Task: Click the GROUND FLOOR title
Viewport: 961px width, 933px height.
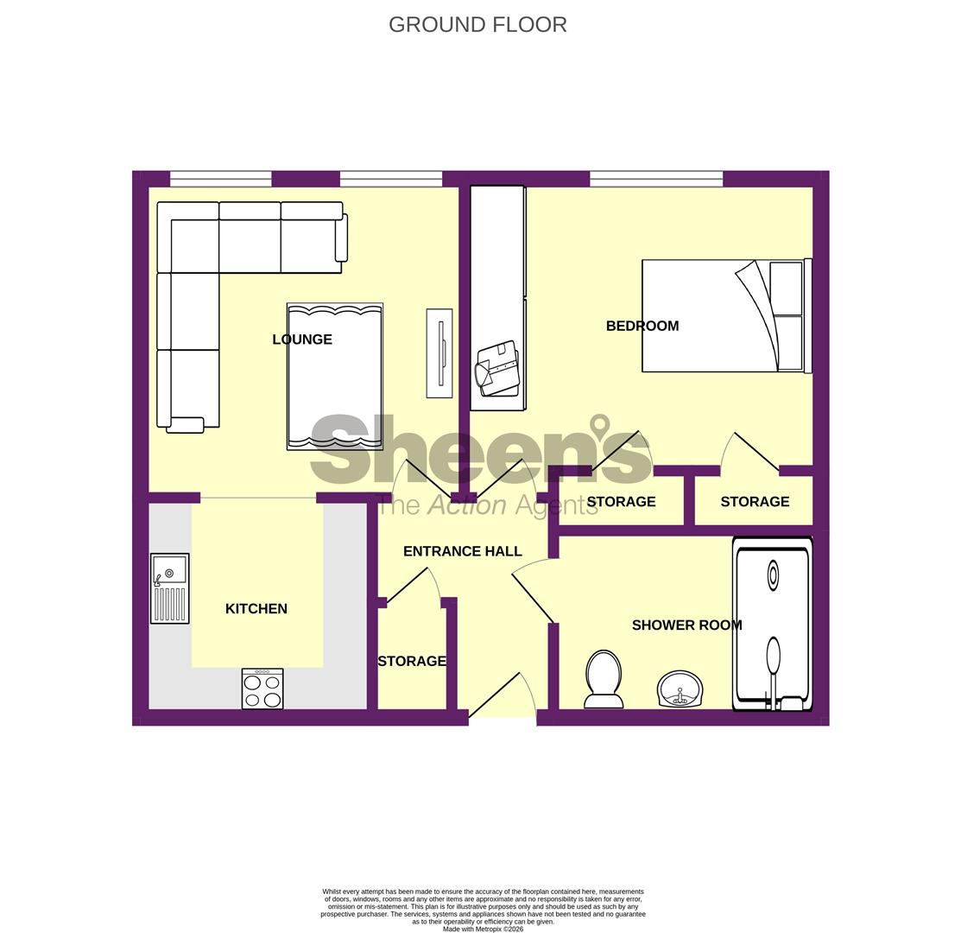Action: coord(477,25)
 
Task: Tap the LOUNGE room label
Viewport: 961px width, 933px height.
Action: coord(302,340)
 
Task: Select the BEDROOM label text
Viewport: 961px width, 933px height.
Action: coord(642,326)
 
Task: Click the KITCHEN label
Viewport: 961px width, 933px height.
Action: coord(256,609)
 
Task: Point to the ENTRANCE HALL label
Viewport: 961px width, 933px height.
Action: coord(462,551)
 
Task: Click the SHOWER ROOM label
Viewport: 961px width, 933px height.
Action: coord(686,625)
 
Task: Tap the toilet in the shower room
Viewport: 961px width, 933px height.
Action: coord(604,678)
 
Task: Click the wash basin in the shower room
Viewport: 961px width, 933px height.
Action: coord(680,689)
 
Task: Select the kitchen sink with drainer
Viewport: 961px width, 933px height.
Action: coord(170,588)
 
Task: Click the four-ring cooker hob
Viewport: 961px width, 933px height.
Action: coord(262,689)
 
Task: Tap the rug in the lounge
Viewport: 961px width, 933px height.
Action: coord(335,376)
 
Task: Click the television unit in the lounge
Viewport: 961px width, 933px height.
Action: coord(439,353)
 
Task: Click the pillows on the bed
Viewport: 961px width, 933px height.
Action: coord(786,316)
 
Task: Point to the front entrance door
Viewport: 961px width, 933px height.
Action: coord(501,696)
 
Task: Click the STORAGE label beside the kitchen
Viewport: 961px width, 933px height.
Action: coord(412,662)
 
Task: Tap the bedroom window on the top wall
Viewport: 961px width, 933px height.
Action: coord(656,179)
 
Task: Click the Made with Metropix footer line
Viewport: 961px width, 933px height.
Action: coord(483,930)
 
